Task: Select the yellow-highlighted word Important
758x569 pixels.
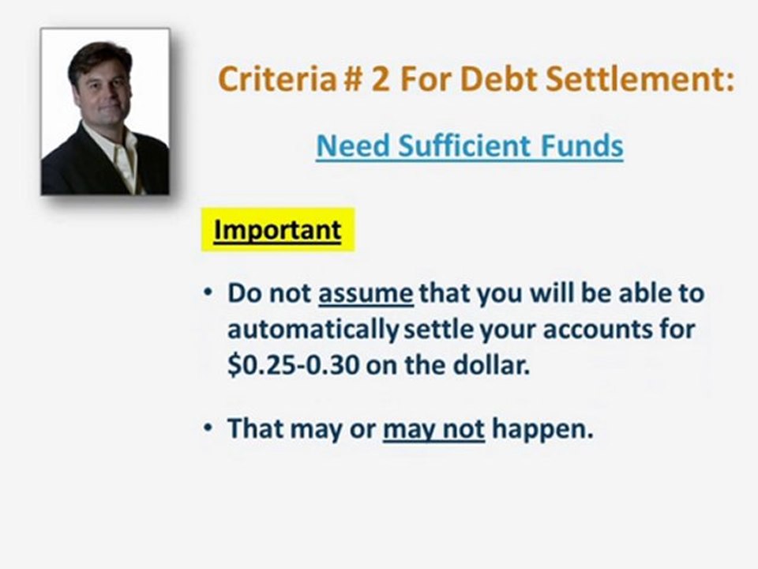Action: [277, 230]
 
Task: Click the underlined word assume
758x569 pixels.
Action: [366, 293]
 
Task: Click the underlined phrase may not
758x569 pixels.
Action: [433, 429]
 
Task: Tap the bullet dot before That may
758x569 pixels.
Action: [208, 429]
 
